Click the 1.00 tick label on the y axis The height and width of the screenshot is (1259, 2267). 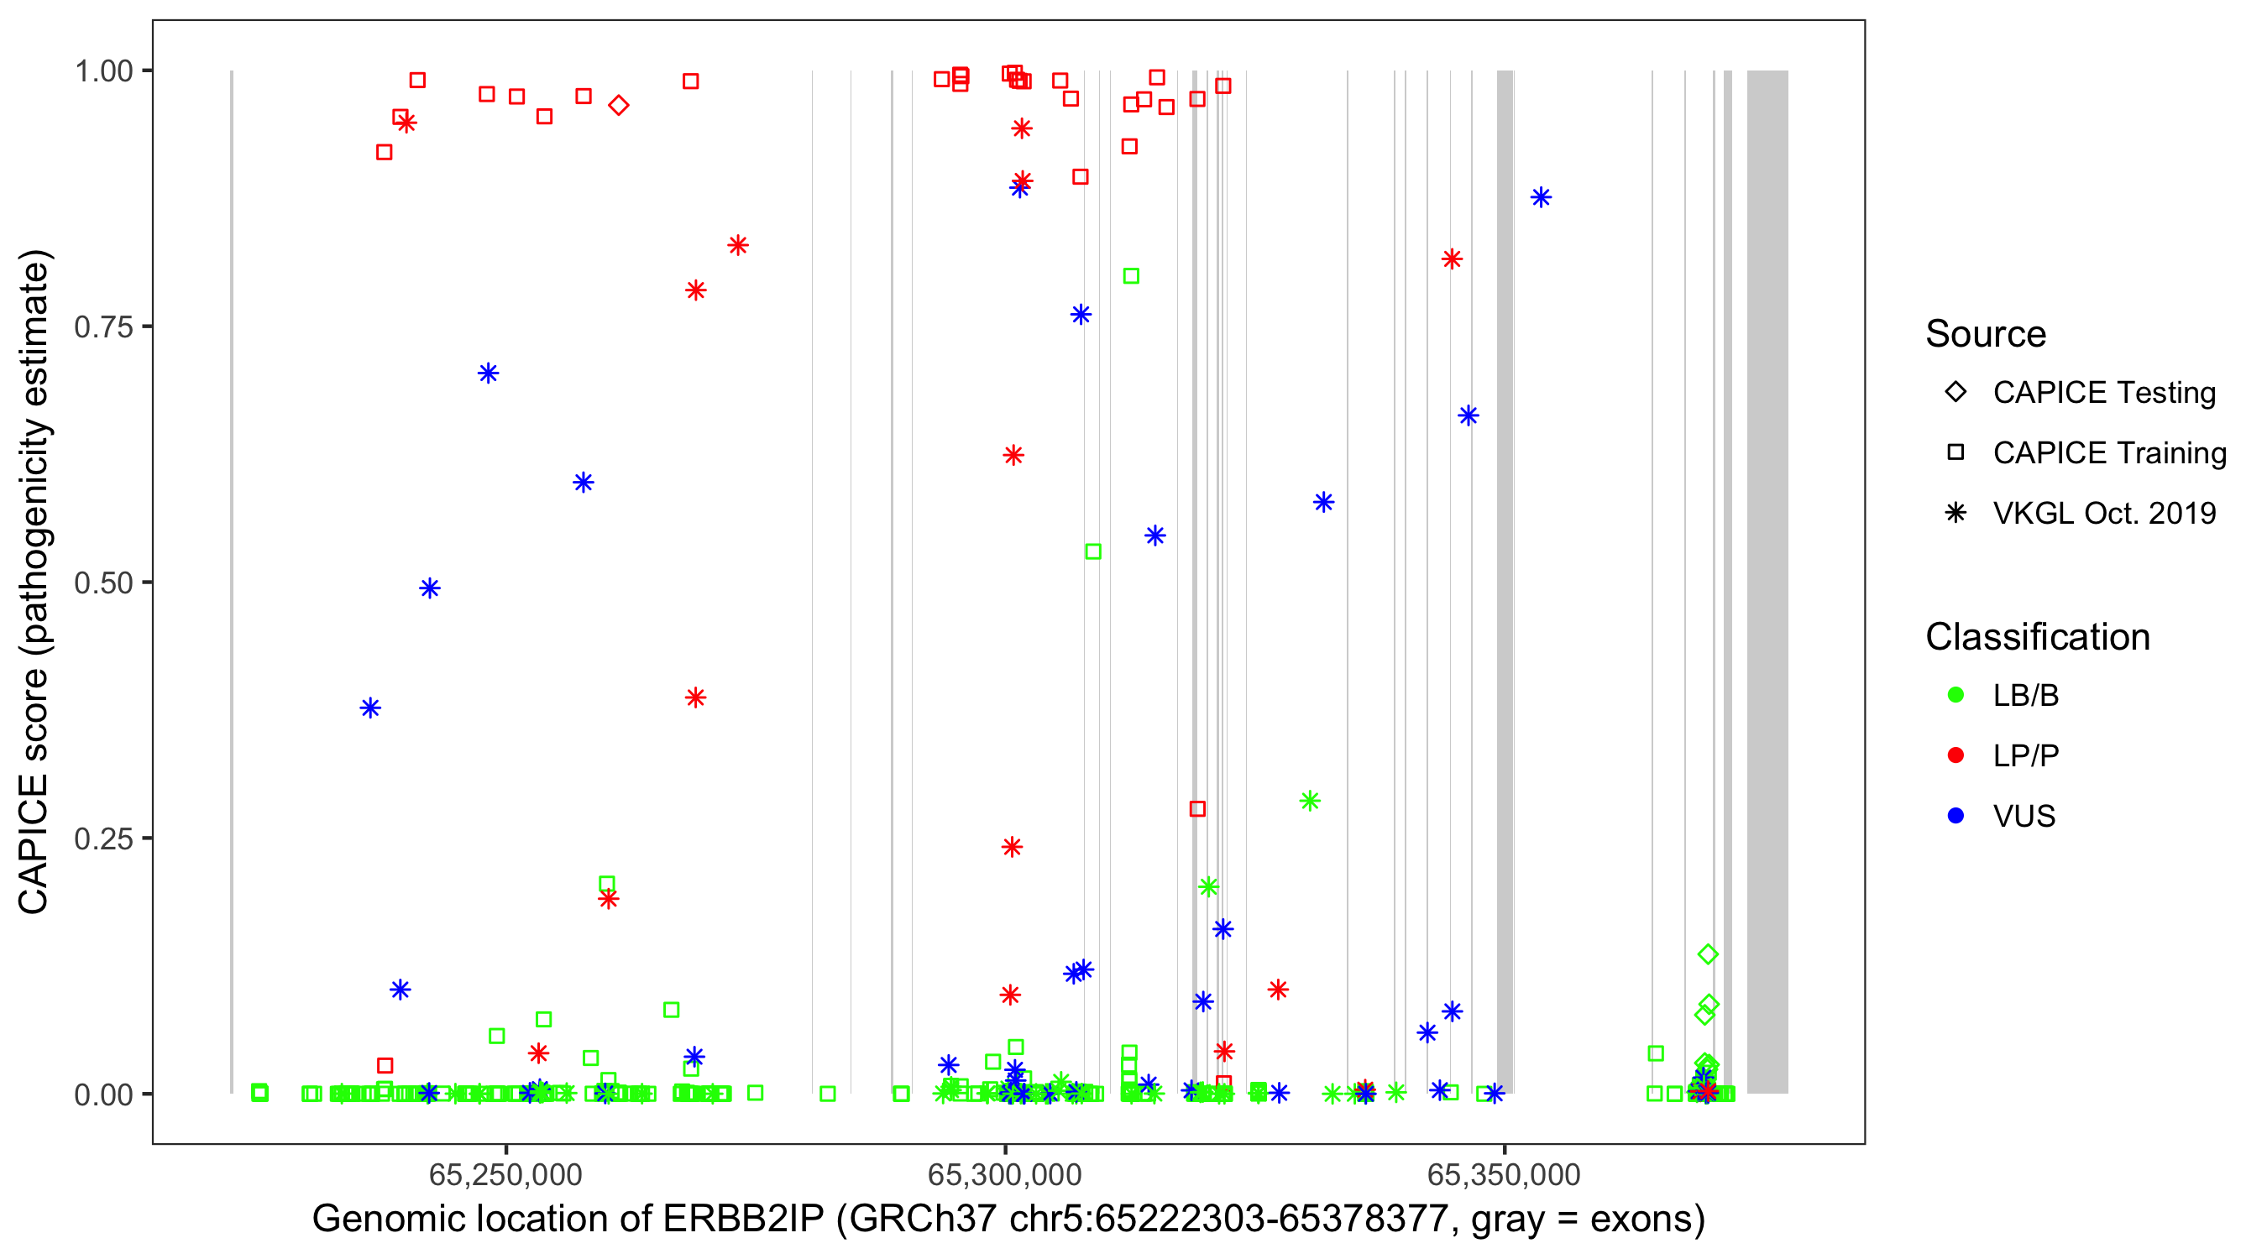tap(103, 71)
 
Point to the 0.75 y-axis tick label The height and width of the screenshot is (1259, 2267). tap(103, 327)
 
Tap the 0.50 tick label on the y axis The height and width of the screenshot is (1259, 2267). tap(103, 582)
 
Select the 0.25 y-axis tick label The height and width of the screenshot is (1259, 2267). tap(103, 838)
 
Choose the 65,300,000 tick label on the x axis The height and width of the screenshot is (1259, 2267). tap(1004, 1174)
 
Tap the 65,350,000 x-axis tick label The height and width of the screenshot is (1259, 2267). tap(1503, 1174)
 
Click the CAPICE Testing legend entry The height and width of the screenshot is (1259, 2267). tap(2103, 393)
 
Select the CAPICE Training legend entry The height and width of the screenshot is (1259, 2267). tap(2108, 453)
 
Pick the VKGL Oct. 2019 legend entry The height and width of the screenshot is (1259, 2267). tap(2103, 513)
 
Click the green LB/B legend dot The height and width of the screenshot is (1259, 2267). tap(1955, 695)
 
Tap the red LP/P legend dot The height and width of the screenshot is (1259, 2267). tap(1955, 755)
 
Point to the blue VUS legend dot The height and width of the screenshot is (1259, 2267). tap(1955, 816)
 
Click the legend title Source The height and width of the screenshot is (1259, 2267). tap(1986, 334)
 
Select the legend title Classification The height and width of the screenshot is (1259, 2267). tap(2037, 637)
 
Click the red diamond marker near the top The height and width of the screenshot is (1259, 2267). tap(619, 106)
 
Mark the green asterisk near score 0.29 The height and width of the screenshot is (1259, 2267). tap(1310, 801)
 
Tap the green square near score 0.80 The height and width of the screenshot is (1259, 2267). tap(1131, 276)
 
